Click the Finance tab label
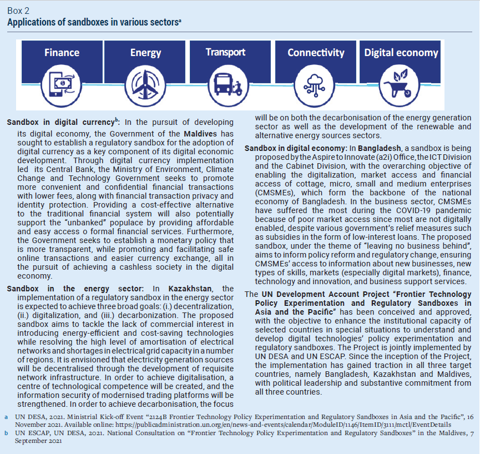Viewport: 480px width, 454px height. click(62, 53)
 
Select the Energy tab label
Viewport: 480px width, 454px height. click(145, 53)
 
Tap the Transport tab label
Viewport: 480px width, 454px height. click(225, 52)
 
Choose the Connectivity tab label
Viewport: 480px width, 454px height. click(316, 53)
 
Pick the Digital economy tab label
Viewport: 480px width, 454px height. click(401, 53)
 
